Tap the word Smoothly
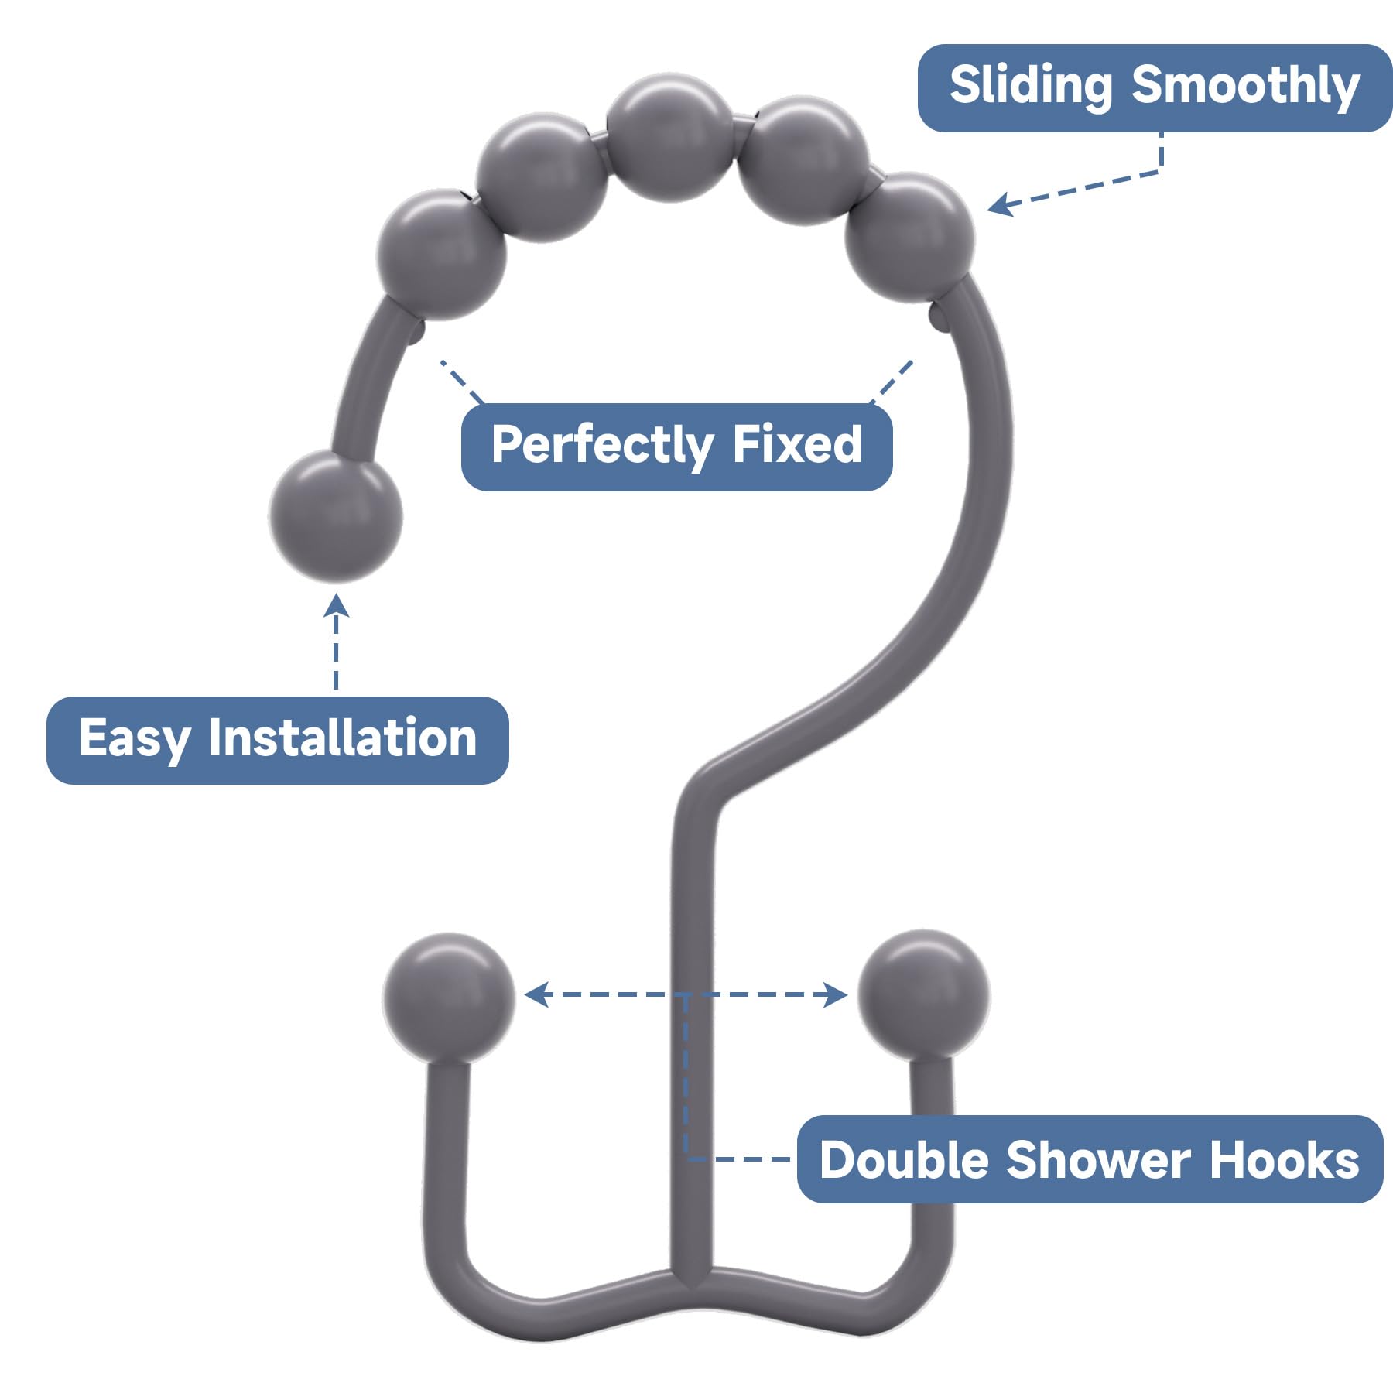1245,86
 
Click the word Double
904,1161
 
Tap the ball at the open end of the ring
336,516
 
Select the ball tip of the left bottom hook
449,997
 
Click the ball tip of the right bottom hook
923,994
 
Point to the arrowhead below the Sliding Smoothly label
1000,204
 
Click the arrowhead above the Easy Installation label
336,606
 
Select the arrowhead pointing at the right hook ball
837,994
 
